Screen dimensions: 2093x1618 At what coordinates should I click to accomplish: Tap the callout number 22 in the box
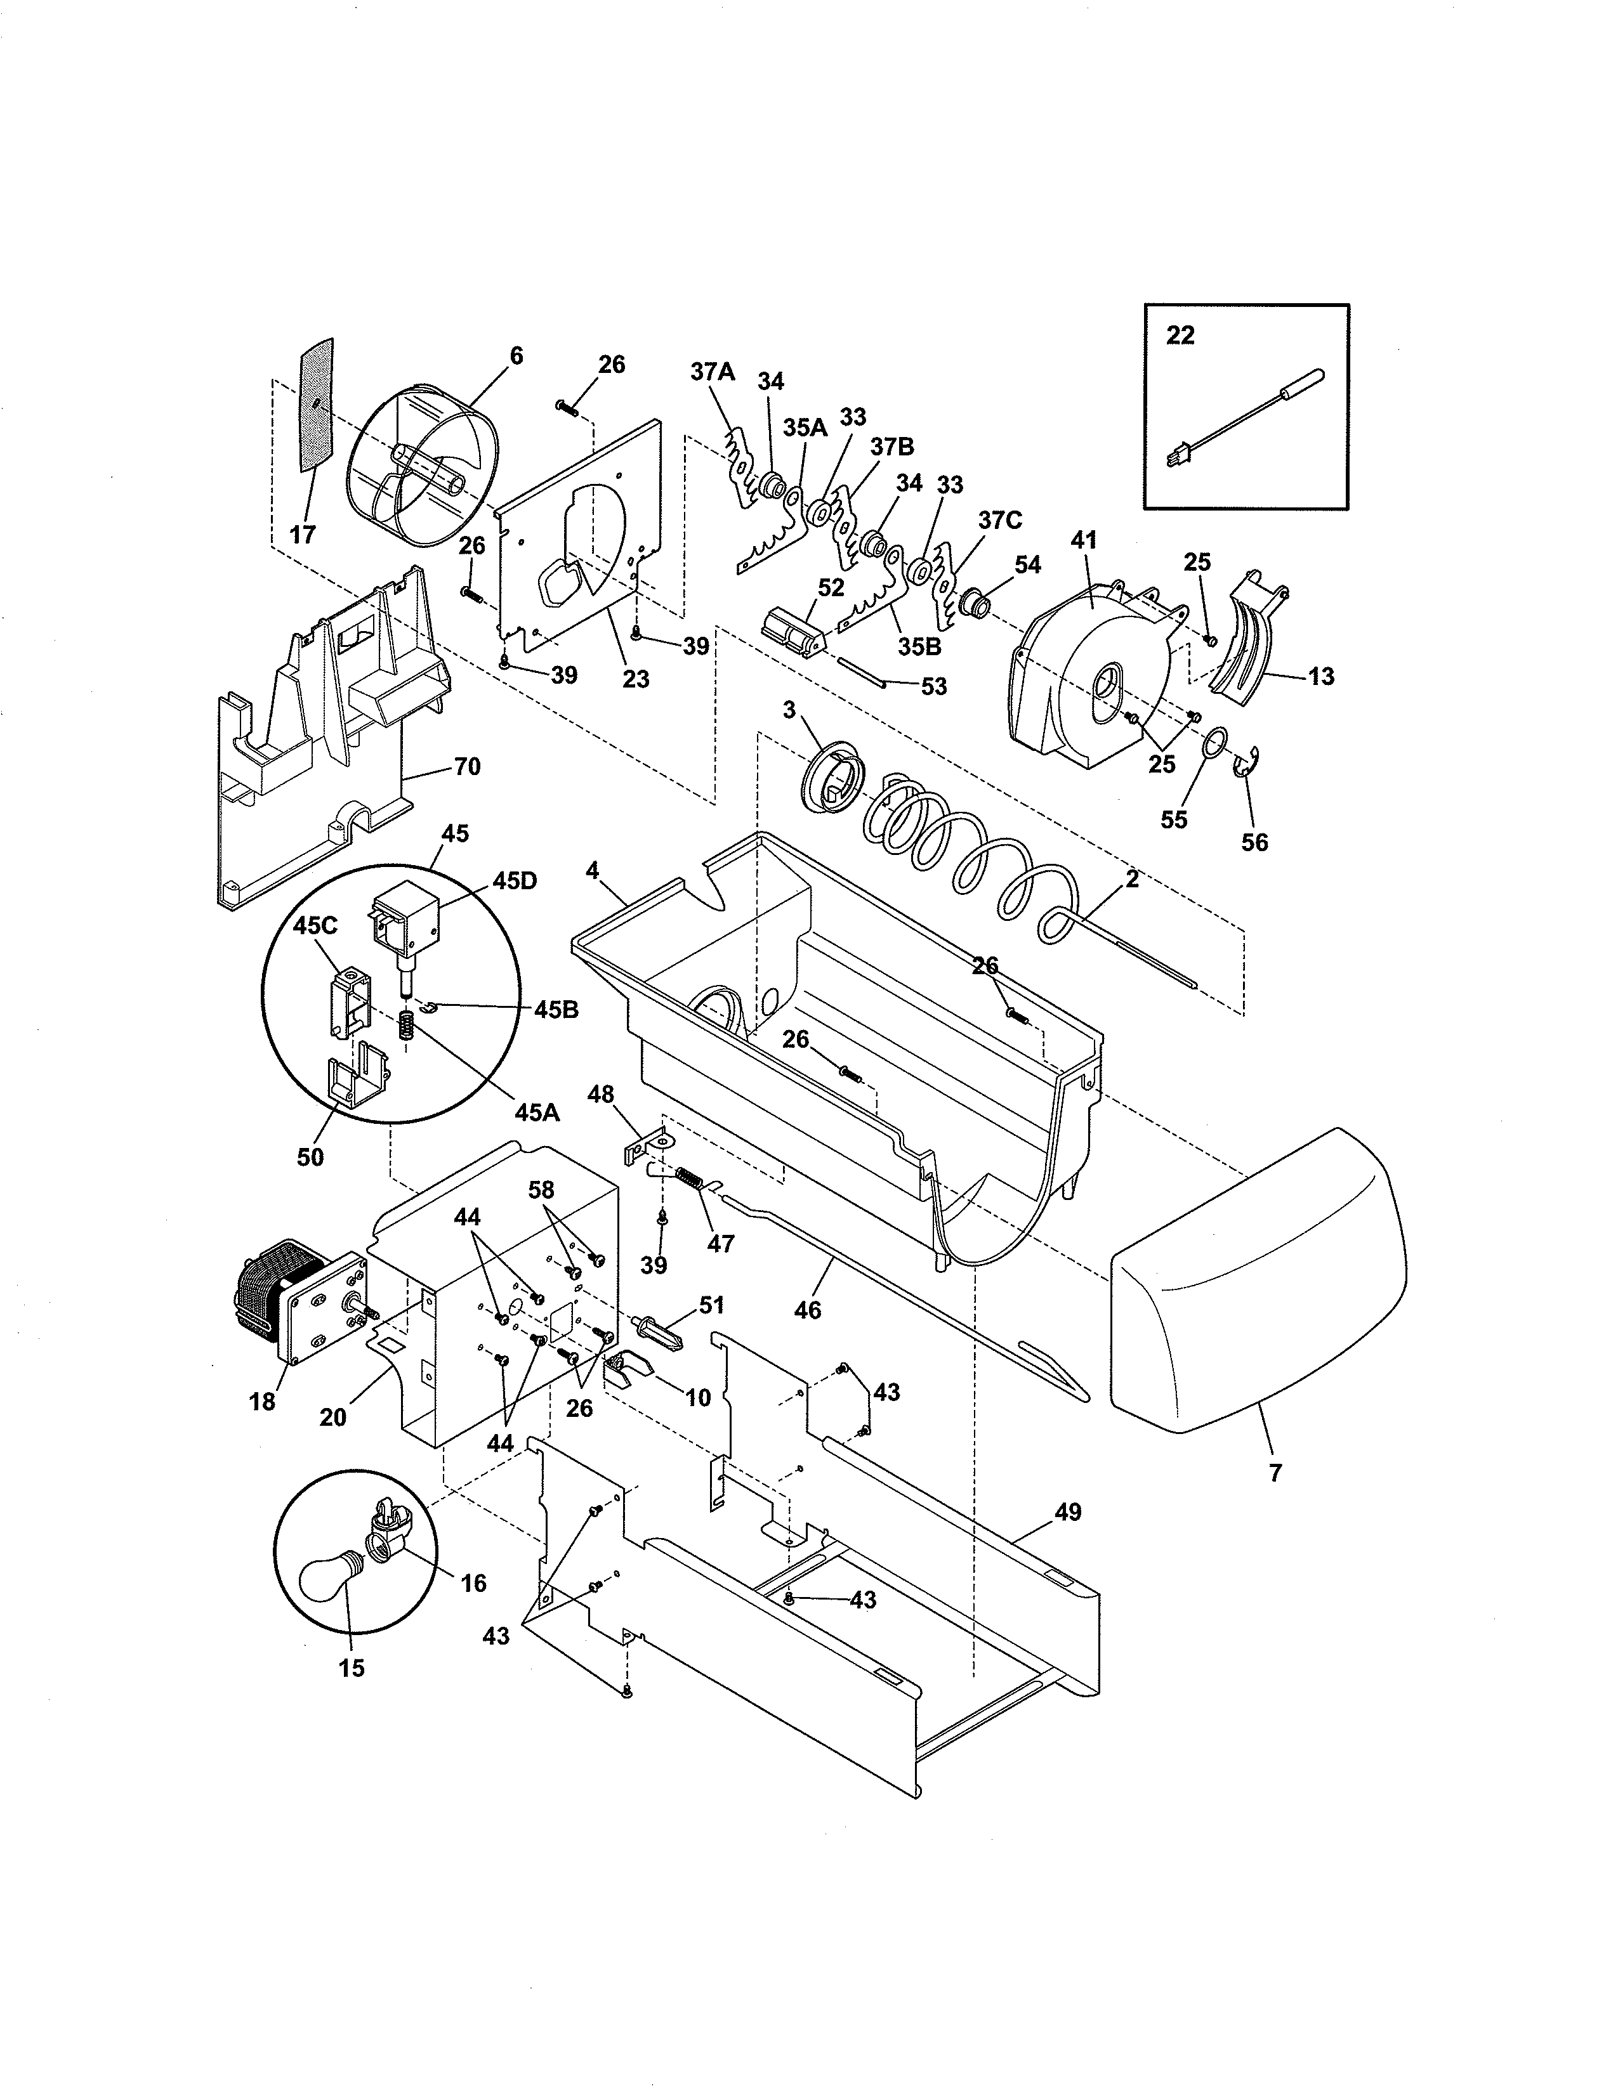pos(1180,336)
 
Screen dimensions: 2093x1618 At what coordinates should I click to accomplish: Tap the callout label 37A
pos(712,372)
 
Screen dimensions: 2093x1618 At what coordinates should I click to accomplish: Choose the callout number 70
pos(467,767)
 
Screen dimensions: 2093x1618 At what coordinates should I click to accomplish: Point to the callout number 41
pos(1083,540)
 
